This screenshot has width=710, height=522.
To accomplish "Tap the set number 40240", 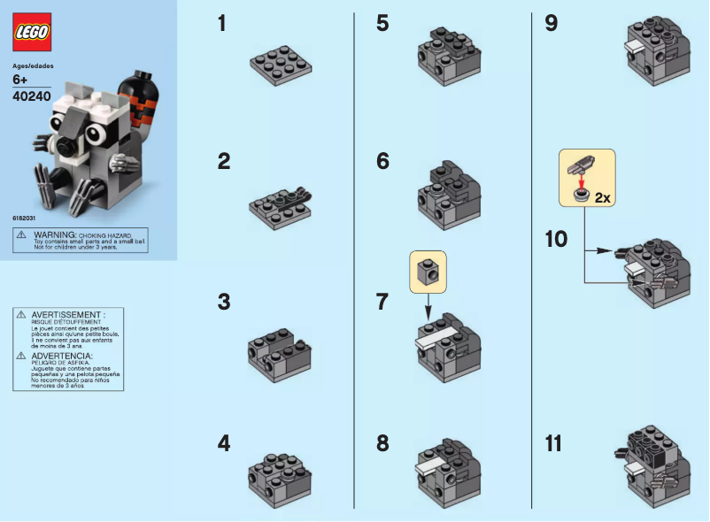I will (x=32, y=97).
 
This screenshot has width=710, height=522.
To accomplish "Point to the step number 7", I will (x=382, y=301).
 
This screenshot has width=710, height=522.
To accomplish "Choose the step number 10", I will (x=557, y=239).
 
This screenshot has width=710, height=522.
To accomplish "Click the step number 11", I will (x=553, y=443).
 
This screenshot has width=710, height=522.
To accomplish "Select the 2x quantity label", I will (x=603, y=198).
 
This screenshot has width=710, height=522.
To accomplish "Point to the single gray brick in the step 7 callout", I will (x=428, y=270).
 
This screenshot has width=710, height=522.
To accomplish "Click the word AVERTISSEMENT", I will (x=68, y=314).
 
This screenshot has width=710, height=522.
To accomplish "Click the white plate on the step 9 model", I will (x=634, y=45).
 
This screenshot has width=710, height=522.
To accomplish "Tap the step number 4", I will (x=223, y=443).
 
